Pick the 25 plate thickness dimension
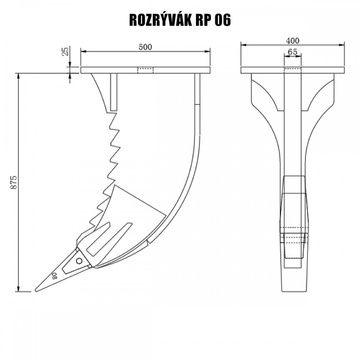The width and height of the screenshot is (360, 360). coord(64,52)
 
